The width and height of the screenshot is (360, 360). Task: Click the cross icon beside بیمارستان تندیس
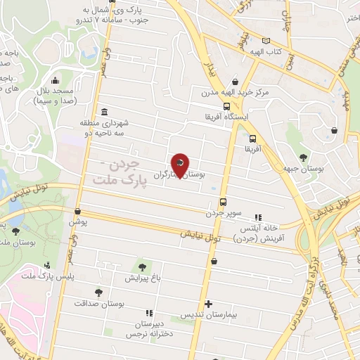208,304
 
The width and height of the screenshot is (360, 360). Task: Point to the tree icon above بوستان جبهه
303,157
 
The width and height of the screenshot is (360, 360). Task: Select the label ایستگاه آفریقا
222,115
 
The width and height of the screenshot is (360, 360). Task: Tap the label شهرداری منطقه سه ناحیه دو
105,127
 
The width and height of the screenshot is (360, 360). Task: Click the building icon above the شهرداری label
105,112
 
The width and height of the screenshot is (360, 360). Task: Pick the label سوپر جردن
224,212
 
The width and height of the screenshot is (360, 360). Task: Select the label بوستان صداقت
101,303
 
